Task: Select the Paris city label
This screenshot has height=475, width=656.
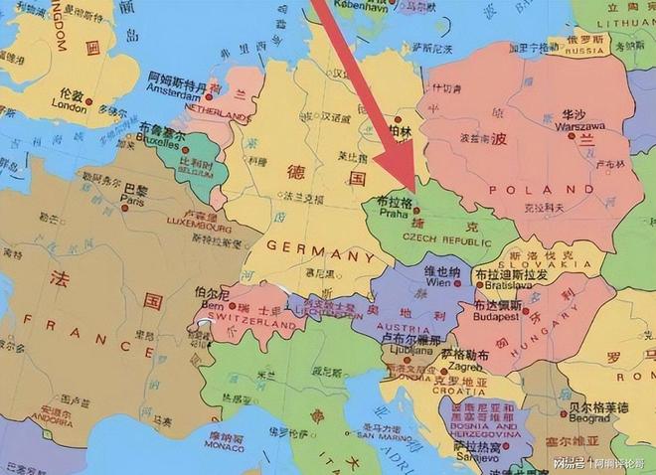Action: (132, 199)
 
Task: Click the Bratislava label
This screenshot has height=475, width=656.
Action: (507, 285)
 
